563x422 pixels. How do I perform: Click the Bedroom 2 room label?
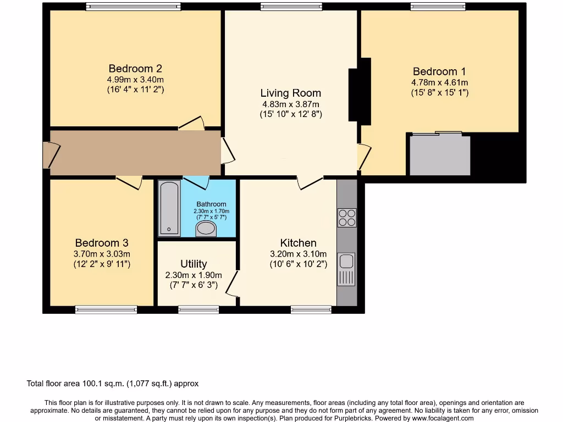point(135,69)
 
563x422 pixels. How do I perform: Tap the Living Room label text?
point(290,93)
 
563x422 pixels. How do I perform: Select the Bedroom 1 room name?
point(439,71)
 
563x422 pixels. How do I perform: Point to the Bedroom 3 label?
point(102,243)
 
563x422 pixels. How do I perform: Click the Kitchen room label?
point(298,243)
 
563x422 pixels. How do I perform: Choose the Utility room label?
point(194,264)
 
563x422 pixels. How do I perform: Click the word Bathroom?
point(211,204)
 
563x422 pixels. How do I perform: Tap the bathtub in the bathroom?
point(169,209)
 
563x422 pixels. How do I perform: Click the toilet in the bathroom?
point(207,228)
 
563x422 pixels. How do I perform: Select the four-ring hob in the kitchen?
point(347,218)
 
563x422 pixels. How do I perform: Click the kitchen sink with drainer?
point(346,269)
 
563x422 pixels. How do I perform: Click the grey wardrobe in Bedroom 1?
point(440,155)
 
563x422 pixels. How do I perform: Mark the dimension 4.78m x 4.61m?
point(439,82)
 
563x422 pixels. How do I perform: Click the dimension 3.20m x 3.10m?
point(298,254)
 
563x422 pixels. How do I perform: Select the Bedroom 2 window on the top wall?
point(133,7)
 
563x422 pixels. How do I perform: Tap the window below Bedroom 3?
point(106,310)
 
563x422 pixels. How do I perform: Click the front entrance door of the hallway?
point(47,155)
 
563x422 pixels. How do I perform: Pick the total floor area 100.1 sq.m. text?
point(113,384)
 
